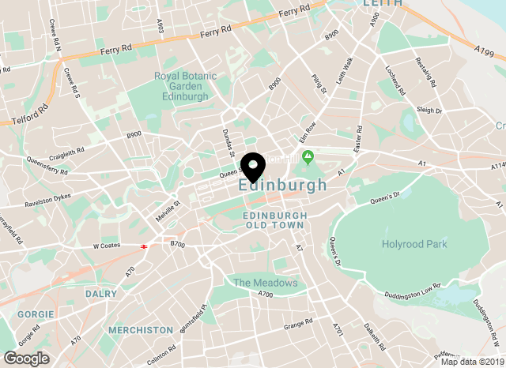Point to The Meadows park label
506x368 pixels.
(265, 283)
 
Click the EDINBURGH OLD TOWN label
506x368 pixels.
(273, 220)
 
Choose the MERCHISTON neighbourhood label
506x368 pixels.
(141, 329)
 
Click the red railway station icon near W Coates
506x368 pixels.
(144, 246)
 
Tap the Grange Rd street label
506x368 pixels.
(299, 323)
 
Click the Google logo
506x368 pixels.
(26, 358)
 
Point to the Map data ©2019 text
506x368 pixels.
(471, 362)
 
